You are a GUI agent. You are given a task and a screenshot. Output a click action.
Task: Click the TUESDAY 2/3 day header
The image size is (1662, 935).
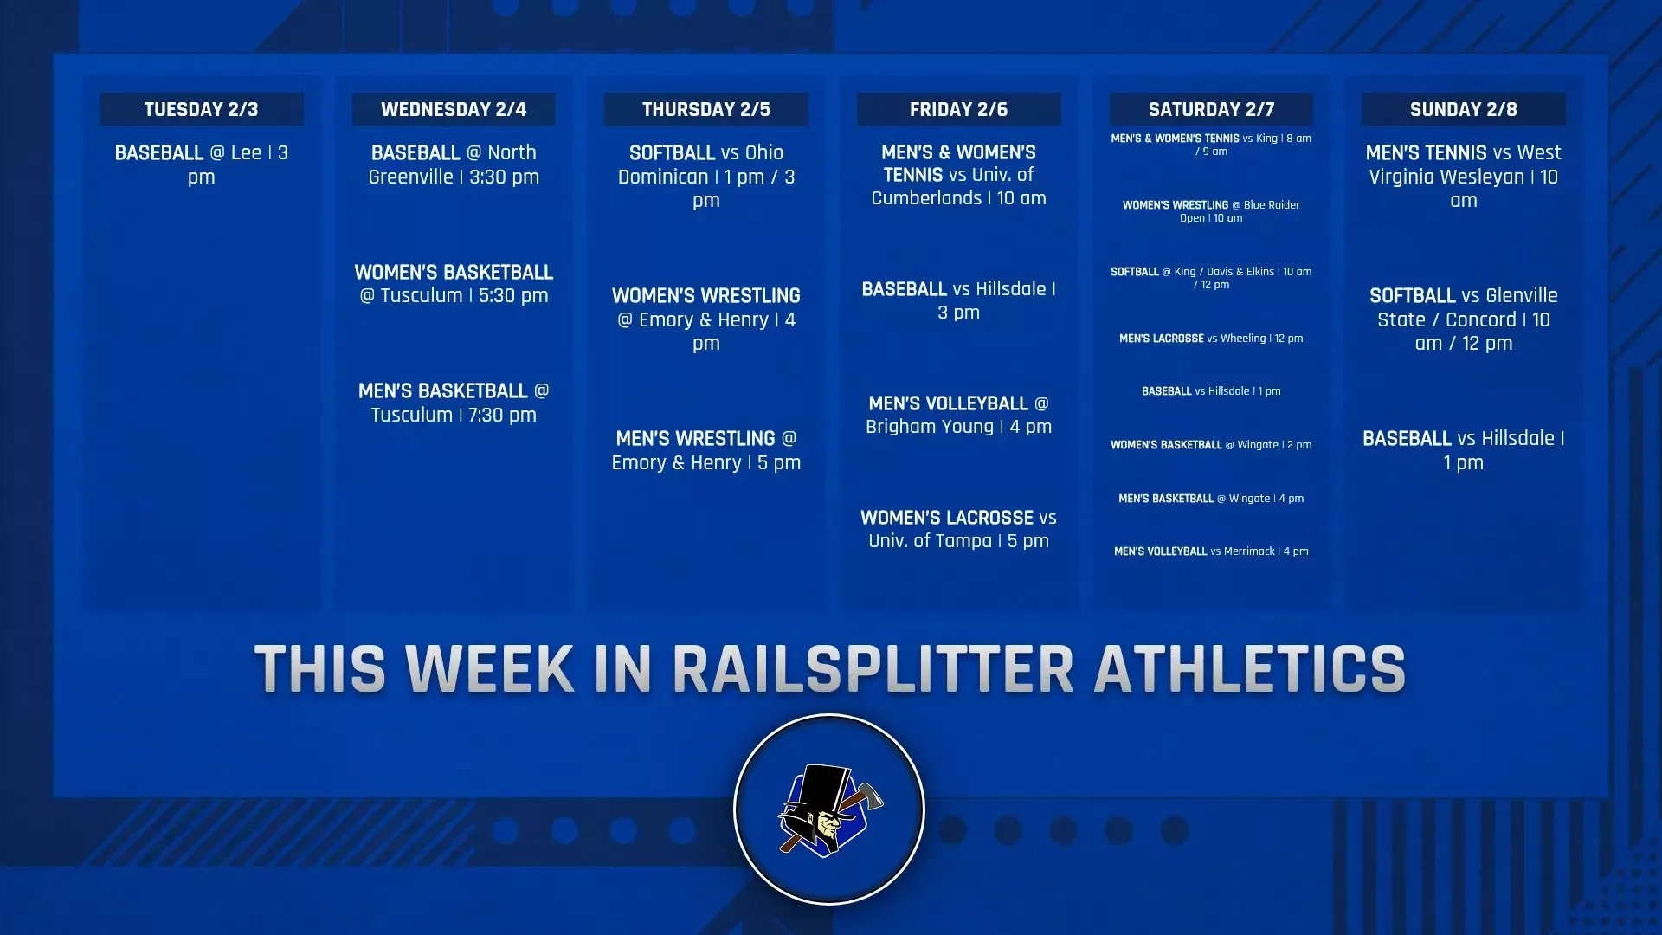click(201, 109)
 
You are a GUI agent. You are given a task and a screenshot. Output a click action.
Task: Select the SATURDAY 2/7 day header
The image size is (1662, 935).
click(1211, 109)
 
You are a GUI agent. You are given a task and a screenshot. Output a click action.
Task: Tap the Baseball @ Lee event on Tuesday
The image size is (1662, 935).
click(201, 164)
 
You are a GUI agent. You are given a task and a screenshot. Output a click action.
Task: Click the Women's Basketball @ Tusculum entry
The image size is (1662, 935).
click(454, 284)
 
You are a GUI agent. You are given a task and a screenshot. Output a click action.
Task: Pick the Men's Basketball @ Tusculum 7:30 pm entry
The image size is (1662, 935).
click(454, 403)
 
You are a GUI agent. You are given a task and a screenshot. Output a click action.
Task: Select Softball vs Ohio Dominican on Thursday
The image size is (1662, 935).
click(705, 177)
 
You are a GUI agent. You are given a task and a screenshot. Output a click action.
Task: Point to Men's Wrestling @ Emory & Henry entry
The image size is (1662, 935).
click(705, 450)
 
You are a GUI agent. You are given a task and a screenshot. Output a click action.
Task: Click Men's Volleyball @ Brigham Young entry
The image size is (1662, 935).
click(958, 415)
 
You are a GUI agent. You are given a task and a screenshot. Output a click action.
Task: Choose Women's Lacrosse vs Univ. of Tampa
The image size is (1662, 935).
click(958, 529)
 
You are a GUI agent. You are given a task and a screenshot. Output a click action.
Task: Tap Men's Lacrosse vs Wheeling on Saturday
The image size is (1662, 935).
click(1211, 339)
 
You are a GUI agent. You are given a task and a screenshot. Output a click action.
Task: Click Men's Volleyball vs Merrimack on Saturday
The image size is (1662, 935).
click(1211, 551)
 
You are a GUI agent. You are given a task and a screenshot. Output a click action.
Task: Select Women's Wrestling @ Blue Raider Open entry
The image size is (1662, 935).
click(1211, 211)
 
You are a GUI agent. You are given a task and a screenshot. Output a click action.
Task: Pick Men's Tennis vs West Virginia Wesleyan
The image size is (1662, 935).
click(1463, 177)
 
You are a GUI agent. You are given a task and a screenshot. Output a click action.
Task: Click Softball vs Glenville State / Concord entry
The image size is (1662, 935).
click(1463, 319)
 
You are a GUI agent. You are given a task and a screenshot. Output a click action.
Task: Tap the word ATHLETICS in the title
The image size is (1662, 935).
click(1249, 669)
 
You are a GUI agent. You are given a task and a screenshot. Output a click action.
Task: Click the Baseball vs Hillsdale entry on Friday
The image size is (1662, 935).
click(958, 300)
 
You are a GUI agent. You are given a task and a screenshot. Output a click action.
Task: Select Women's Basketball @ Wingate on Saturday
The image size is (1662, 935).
click(1211, 445)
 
